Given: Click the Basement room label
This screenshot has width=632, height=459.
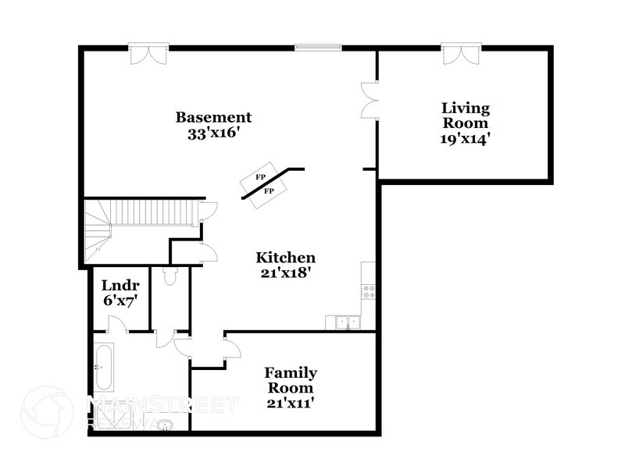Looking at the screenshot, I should pyautogui.click(x=213, y=117).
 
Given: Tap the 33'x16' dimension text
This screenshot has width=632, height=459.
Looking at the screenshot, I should pyautogui.click(x=213, y=133).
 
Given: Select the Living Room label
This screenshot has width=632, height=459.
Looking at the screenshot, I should pyautogui.click(x=466, y=116).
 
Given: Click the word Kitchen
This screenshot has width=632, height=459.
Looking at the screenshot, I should pyautogui.click(x=286, y=258).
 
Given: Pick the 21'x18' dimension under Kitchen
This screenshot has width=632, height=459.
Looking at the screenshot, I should pyautogui.click(x=286, y=273).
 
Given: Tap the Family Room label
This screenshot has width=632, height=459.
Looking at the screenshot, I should pyautogui.click(x=290, y=380).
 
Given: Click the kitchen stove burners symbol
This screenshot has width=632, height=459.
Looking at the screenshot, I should pyautogui.click(x=369, y=291).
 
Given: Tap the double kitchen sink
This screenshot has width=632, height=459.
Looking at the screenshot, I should pyautogui.click(x=343, y=321).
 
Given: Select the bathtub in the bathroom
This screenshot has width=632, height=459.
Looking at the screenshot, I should pyautogui.click(x=102, y=366).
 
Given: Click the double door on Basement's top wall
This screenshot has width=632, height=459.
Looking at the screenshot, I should pyautogui.click(x=148, y=55).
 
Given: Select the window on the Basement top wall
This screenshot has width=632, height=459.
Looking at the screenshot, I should pyautogui.click(x=318, y=48).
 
